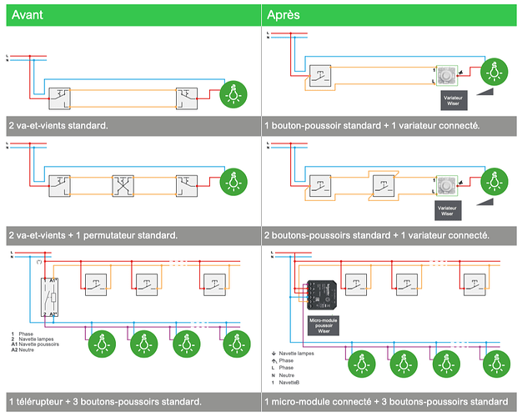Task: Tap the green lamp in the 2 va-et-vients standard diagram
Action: pos(233,97)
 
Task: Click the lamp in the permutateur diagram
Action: pos(233,180)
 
